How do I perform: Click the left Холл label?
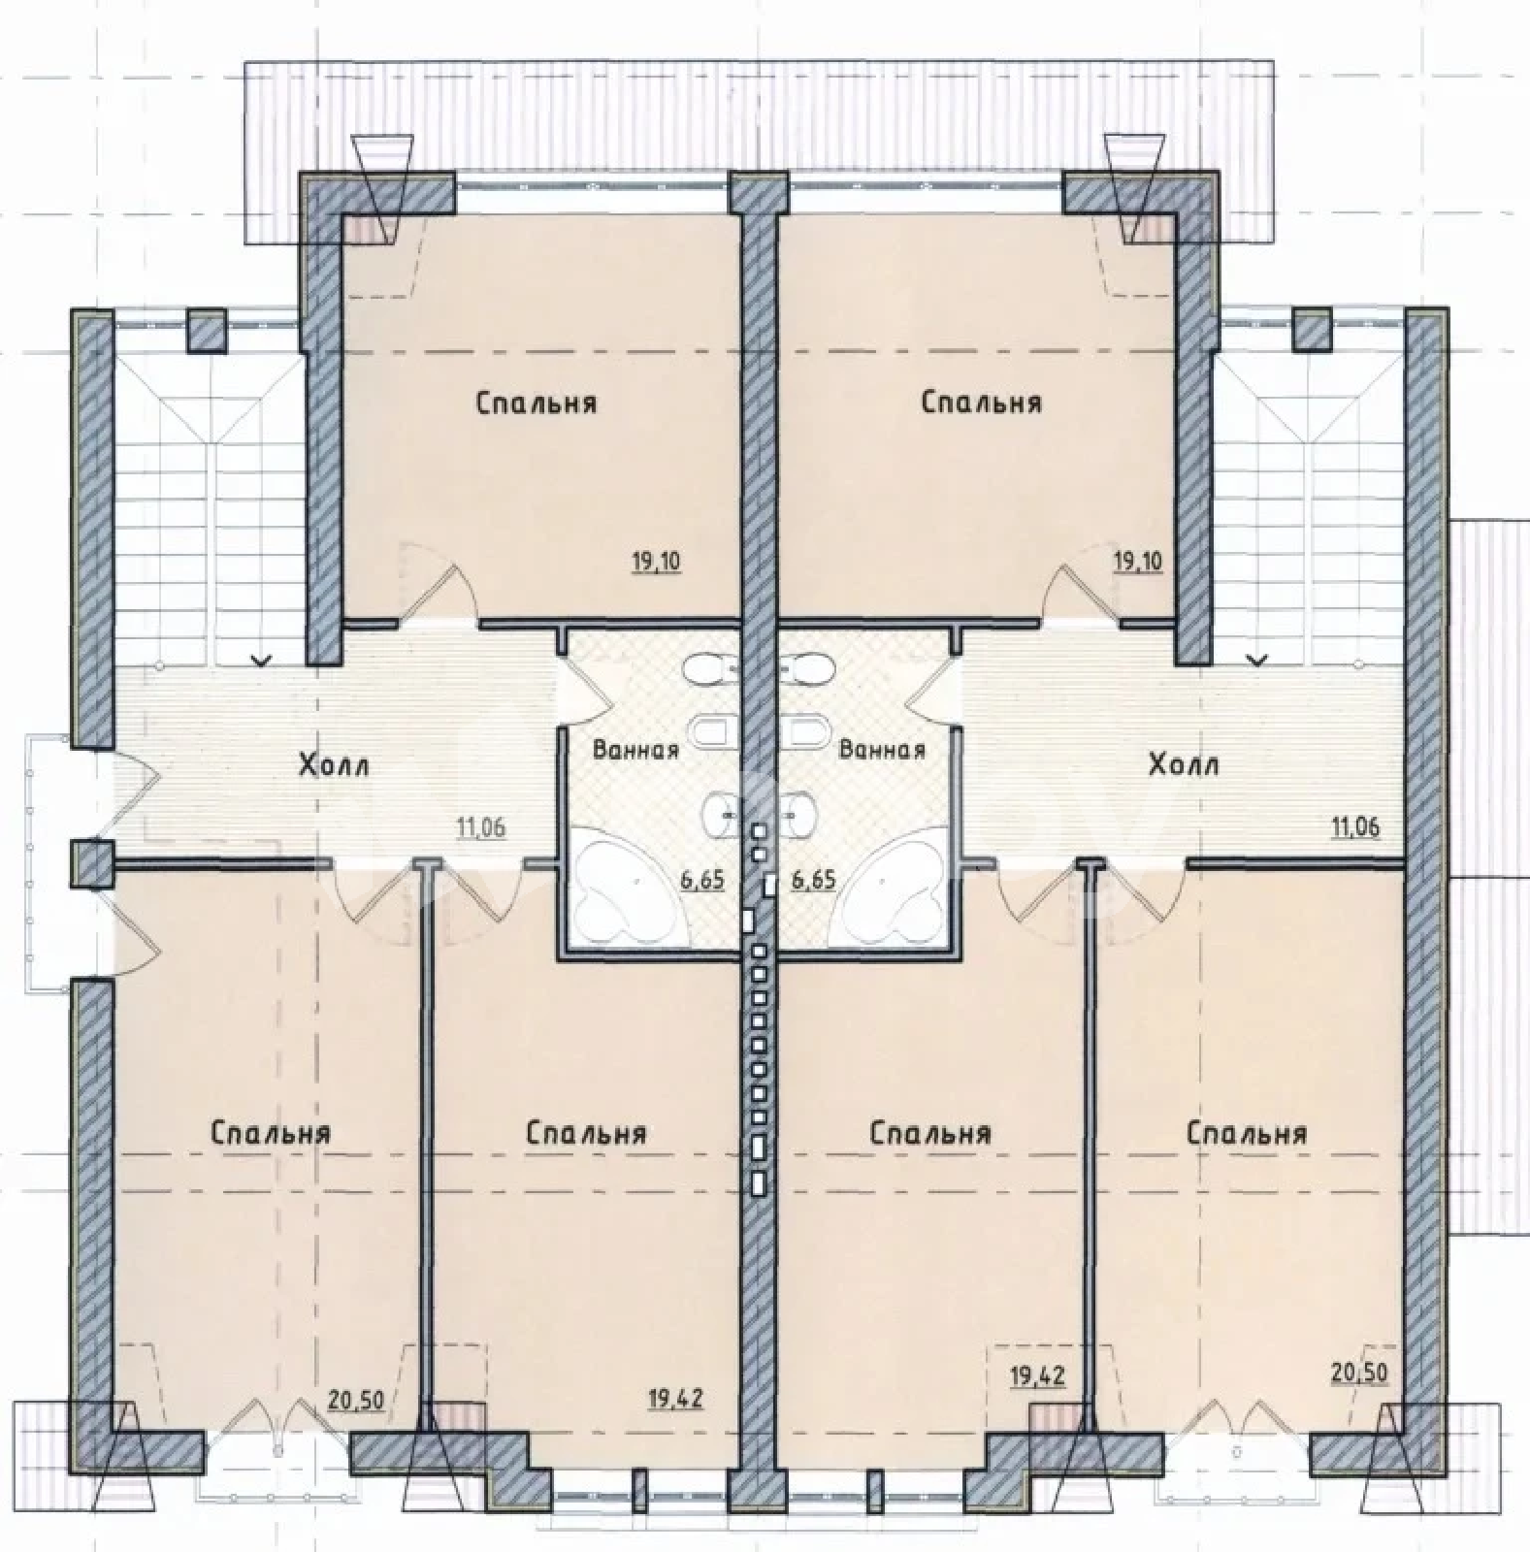click(333, 765)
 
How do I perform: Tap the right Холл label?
click(1183, 765)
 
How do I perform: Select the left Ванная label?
click(635, 750)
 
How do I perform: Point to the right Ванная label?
click(882, 750)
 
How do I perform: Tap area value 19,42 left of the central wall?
click(676, 1399)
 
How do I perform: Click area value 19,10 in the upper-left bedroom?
click(657, 562)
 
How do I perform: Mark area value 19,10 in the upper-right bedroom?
click(1137, 562)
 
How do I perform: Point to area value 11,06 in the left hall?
click(482, 827)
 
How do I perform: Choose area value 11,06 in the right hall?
click(1355, 827)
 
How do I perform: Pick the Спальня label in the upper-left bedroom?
click(536, 402)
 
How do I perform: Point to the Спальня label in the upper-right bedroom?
click(982, 402)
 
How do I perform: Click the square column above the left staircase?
click(206, 330)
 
